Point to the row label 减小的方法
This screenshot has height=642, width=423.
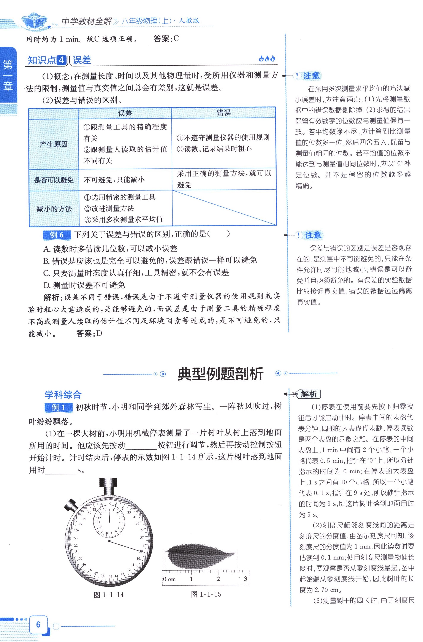54,209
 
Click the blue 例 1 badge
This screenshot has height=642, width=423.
58,407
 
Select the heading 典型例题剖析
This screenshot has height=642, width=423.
220,374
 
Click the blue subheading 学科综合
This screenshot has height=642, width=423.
63,395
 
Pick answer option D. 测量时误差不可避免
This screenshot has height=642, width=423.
84,285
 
